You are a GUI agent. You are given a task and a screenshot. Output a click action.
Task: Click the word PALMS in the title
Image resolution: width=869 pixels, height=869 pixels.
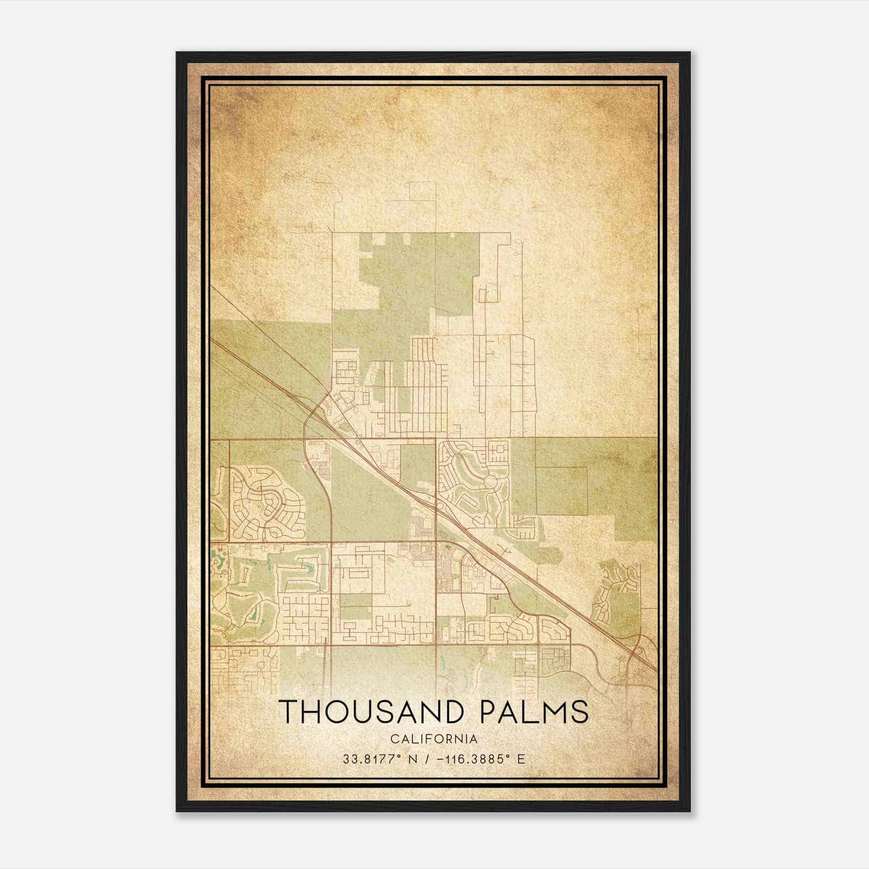tap(536, 712)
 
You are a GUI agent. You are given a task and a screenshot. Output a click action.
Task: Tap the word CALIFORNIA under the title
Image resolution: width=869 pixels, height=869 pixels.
tap(434, 739)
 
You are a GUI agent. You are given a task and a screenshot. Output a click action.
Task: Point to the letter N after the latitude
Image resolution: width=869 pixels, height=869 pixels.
tap(413, 759)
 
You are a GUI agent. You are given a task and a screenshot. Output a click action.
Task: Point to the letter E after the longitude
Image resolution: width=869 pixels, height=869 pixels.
tap(521, 759)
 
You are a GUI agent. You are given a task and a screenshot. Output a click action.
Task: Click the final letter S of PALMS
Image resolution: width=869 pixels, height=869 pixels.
tap(581, 712)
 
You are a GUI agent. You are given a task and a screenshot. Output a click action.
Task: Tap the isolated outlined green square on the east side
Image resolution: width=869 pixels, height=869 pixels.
tap(561, 491)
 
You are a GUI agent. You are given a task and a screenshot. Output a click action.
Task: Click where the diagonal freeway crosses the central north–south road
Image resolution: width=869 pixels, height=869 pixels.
tap(436, 503)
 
